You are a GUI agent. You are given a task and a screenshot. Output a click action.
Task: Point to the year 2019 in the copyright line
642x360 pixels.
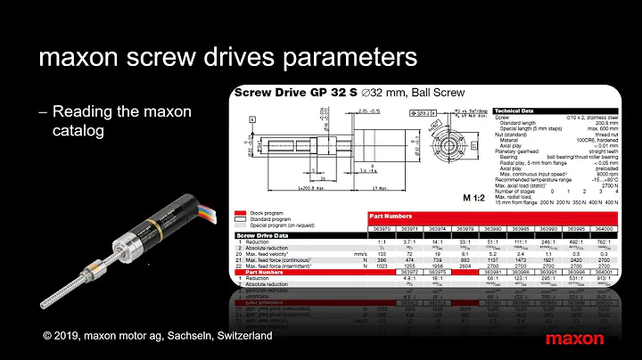pos(74,339)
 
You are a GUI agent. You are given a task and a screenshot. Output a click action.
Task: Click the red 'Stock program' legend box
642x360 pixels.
pos(239,214)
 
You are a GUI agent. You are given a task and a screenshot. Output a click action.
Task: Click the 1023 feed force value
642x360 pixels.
pos(381,267)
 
